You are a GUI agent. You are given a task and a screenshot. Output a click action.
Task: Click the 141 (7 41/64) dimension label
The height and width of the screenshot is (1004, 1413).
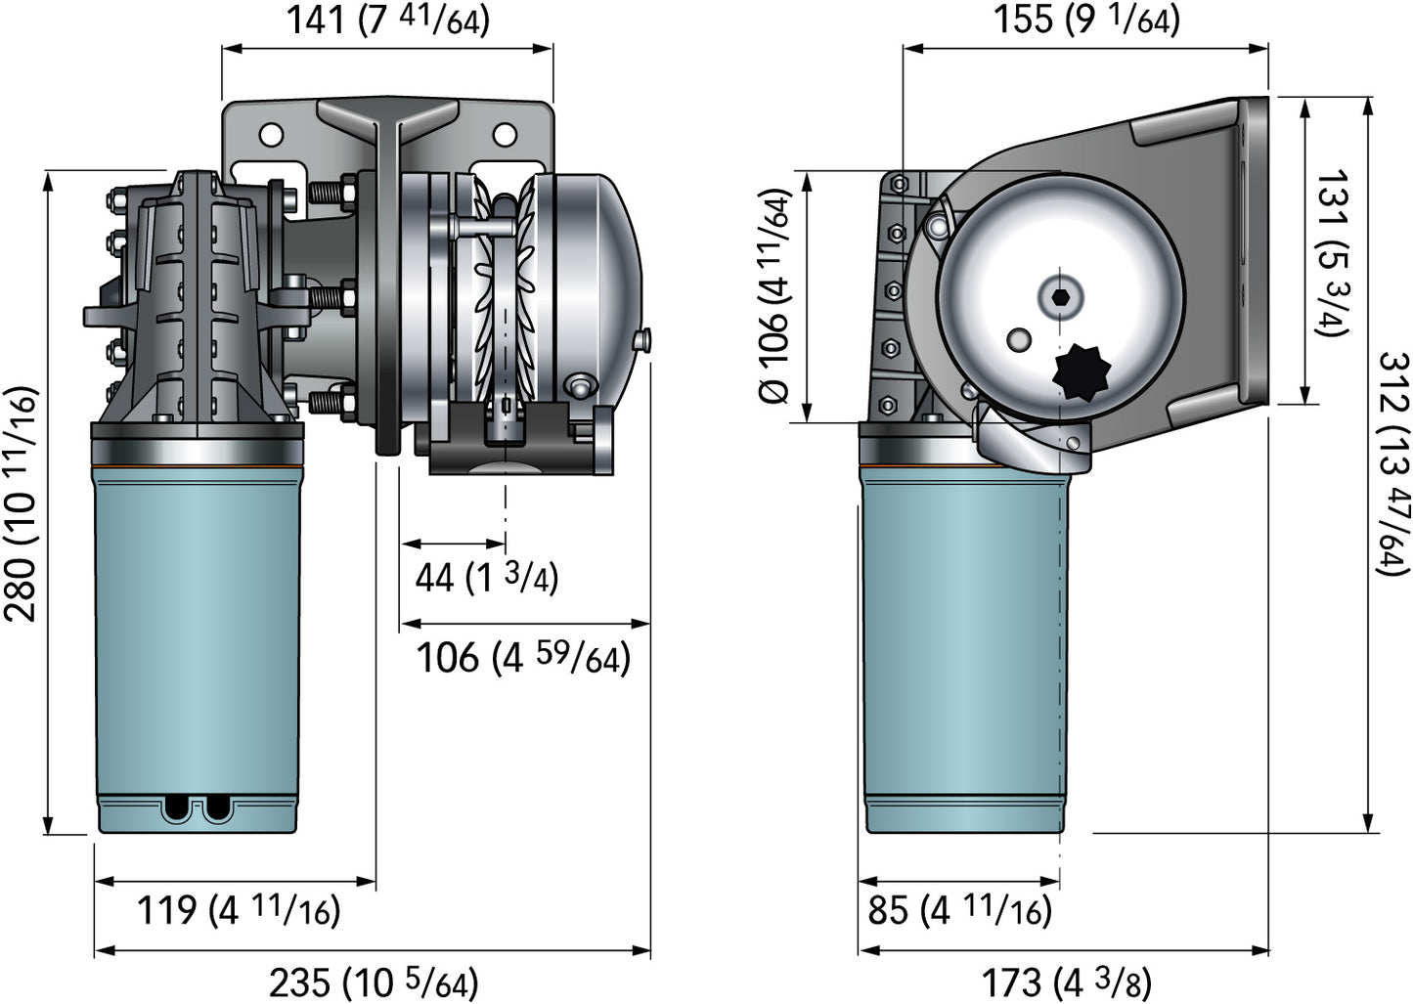click(x=387, y=20)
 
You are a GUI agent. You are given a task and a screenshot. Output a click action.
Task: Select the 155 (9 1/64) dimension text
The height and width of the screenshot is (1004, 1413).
click(x=1086, y=20)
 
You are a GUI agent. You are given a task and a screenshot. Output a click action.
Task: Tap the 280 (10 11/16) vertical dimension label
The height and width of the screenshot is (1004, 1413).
click(x=22, y=504)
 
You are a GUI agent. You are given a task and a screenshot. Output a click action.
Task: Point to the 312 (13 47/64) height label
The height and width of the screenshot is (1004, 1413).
click(x=1392, y=463)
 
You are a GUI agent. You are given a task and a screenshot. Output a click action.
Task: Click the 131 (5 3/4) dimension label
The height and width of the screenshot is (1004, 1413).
click(x=1332, y=253)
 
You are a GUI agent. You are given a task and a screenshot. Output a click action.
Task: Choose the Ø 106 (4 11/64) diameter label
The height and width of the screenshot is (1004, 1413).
click(x=775, y=296)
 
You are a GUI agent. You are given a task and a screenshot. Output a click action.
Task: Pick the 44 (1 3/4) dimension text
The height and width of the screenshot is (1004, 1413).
click(x=486, y=578)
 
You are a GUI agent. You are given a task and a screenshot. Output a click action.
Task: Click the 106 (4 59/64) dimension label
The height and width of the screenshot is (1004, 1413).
click(x=523, y=657)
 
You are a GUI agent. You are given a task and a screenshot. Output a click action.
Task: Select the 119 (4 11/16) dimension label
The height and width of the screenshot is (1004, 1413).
click(x=238, y=911)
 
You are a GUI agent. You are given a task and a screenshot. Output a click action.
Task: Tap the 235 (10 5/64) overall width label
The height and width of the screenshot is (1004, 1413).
click(x=374, y=982)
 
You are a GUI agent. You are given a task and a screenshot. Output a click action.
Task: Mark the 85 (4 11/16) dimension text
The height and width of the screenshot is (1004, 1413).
click(x=959, y=911)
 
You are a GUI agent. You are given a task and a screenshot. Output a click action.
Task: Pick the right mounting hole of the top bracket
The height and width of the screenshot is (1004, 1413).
click(x=505, y=134)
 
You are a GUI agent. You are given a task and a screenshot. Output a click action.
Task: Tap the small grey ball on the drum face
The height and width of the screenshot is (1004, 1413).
click(x=1018, y=338)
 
